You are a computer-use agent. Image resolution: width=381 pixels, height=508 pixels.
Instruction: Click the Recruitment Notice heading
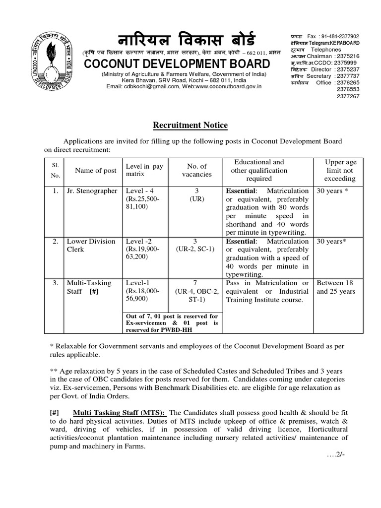[x=190, y=126]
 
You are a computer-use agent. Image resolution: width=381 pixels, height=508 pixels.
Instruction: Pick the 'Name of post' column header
[x=95, y=170]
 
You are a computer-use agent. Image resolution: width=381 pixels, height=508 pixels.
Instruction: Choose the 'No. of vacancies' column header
[x=197, y=170]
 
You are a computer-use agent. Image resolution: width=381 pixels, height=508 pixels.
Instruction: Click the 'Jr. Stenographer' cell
[x=92, y=191]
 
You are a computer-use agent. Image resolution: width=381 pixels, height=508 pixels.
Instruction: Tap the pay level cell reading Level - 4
[x=138, y=191]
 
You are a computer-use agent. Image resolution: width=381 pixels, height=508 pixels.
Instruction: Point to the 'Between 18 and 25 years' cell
[x=336, y=287]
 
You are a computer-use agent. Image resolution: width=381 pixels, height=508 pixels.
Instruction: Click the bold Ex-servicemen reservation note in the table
[x=172, y=323]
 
